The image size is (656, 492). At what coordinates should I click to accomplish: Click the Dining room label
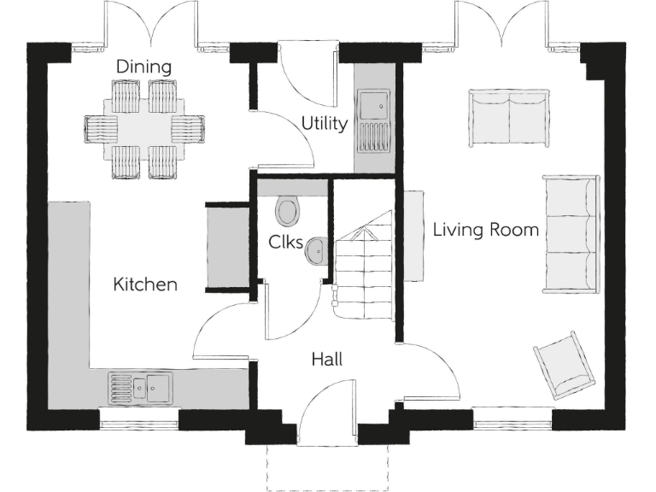tap(143, 67)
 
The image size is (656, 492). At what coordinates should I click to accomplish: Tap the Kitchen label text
tap(145, 284)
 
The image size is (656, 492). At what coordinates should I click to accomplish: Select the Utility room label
tap(324, 124)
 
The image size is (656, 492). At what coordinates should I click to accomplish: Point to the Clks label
tap(285, 243)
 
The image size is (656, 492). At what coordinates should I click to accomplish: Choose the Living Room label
tap(485, 230)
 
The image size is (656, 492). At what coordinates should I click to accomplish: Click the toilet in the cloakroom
tap(287, 209)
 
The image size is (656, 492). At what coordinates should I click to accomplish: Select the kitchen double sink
tap(140, 387)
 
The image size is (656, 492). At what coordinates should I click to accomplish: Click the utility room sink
tap(373, 107)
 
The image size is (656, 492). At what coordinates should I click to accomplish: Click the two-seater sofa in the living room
tap(509, 118)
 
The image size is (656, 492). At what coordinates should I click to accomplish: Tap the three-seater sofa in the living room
tap(571, 234)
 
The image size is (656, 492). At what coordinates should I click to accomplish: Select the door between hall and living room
tap(430, 372)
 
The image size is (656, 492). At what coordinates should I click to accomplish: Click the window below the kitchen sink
tap(139, 419)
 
